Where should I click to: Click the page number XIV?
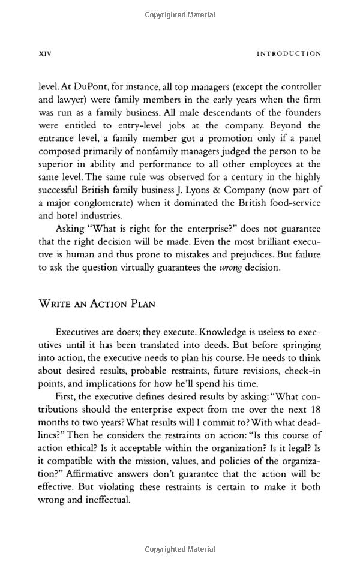[46, 53]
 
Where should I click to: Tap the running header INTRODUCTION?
[289, 53]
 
